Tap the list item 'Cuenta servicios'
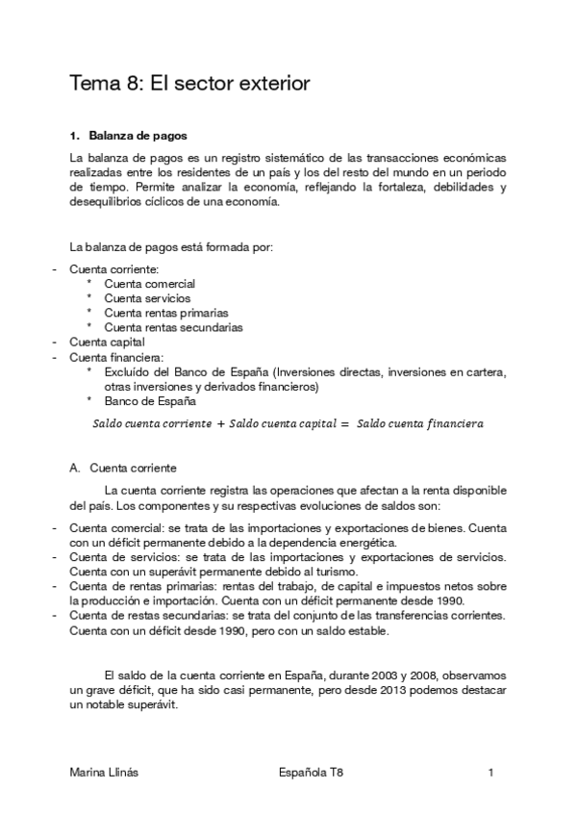tap(147, 298)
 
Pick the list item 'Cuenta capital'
tap(107, 342)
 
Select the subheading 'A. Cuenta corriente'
tap(122, 468)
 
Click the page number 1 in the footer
tap(490, 773)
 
